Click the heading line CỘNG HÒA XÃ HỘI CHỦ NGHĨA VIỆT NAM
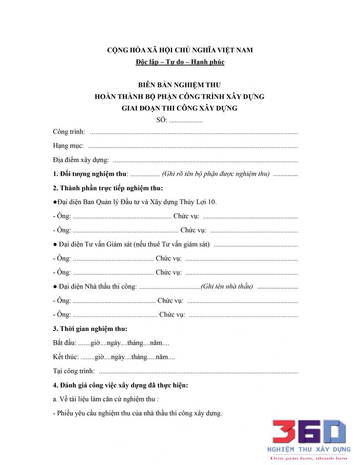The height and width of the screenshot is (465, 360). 180,50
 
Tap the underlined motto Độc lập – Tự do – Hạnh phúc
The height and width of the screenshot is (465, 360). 180,62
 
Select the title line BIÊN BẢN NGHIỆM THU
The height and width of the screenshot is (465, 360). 179,85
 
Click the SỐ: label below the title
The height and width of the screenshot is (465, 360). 162,120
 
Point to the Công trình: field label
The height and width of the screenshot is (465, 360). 69,132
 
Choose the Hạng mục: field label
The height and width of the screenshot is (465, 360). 68,146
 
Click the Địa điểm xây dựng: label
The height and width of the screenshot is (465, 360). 81,160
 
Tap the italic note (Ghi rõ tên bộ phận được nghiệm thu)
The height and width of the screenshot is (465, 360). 215,174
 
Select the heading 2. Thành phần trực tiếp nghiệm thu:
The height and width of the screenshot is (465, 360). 108,188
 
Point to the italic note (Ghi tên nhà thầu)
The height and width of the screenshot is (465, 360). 227,286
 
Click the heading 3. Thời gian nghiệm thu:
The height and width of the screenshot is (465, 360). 90,329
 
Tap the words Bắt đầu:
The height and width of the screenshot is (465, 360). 64,343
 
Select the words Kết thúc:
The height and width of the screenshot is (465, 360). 65,357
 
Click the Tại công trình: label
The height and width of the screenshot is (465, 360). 74,371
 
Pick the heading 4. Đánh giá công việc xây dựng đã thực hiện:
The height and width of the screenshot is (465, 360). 120,385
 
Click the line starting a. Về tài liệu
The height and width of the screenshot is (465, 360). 106,399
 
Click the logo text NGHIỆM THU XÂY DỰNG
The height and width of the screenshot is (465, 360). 309,449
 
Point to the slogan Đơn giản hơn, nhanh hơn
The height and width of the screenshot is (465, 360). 309,458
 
